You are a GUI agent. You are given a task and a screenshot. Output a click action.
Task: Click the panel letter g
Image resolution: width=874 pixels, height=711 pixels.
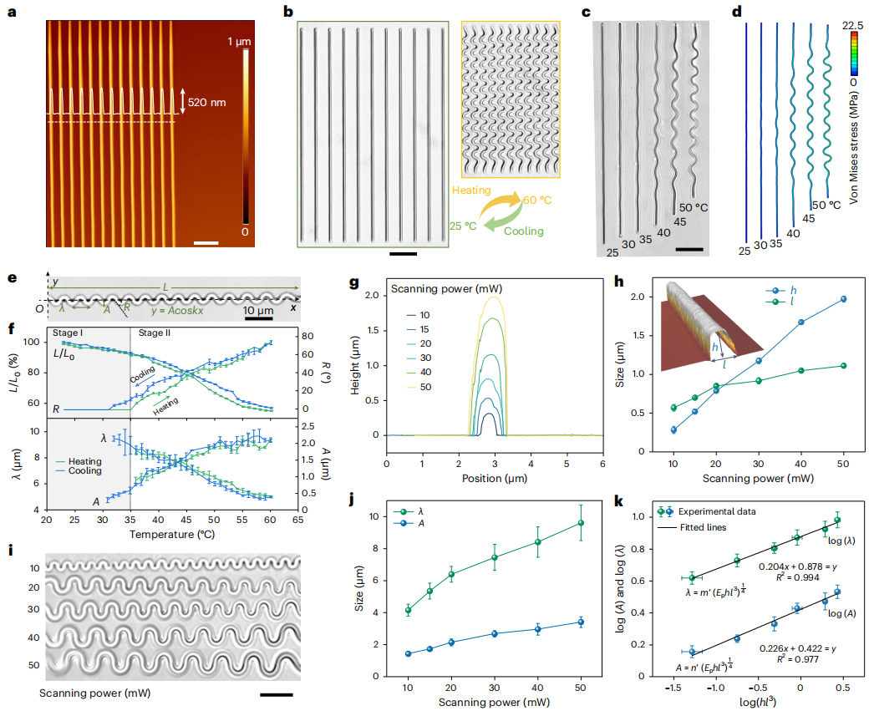[x=354, y=282]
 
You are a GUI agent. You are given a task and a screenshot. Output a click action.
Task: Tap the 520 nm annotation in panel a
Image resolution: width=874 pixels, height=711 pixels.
[x=207, y=102]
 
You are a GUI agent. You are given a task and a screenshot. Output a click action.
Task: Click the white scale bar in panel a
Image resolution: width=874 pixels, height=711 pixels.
[x=206, y=244]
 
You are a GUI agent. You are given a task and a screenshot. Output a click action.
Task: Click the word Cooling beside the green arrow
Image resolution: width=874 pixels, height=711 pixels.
[x=524, y=231]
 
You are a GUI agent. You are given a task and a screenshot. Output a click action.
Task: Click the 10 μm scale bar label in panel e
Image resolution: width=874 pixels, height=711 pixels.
[x=258, y=311]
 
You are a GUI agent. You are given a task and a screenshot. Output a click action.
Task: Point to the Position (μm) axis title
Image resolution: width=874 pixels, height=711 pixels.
[x=495, y=479]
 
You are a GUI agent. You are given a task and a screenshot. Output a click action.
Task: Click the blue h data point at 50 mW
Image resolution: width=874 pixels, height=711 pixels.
[x=844, y=299]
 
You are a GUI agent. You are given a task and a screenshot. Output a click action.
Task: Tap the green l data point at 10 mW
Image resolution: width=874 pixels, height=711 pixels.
[x=673, y=408]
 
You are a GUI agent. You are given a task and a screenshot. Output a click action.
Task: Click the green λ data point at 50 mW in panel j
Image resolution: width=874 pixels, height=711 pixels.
[x=580, y=523]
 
